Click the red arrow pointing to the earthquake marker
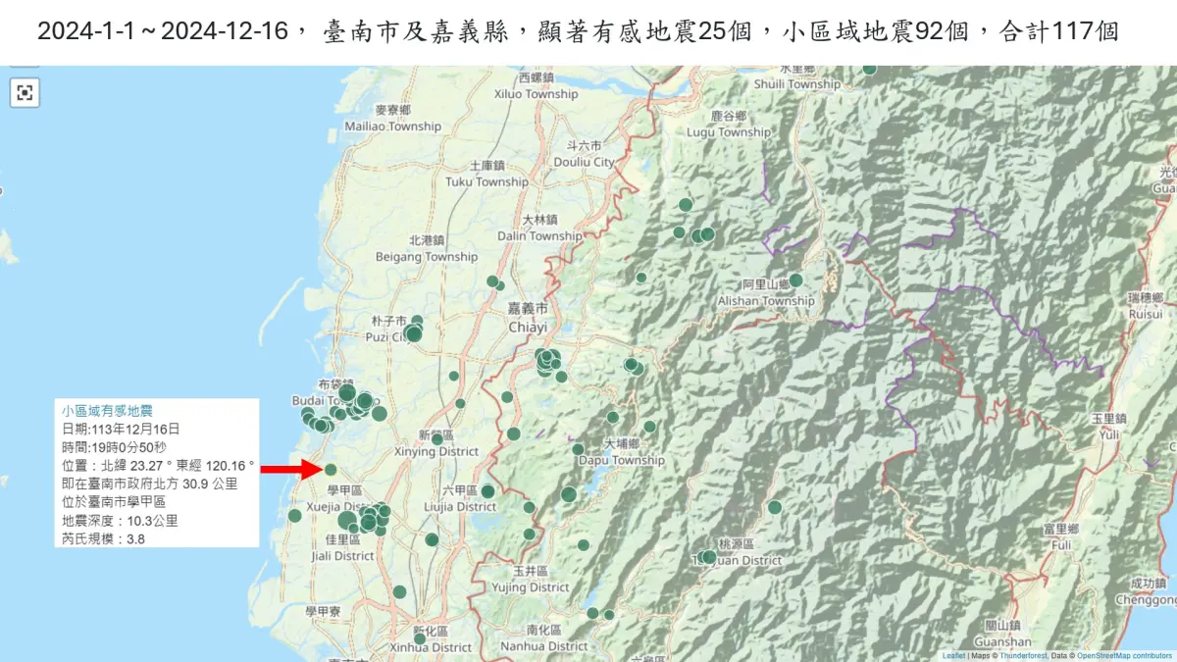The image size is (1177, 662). (x=287, y=470)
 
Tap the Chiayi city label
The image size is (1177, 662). (x=527, y=327)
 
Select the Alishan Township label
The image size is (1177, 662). (x=766, y=301)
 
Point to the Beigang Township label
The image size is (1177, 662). (x=427, y=257)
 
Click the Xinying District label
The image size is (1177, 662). (x=435, y=452)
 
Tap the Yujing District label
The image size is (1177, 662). (x=528, y=587)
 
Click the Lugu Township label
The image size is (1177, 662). (x=729, y=132)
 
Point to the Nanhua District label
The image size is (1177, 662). (x=543, y=646)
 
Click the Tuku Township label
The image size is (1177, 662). (x=486, y=181)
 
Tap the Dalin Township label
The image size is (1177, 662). (x=538, y=236)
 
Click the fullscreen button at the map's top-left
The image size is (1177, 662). (x=25, y=93)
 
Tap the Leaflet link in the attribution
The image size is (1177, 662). (x=953, y=655)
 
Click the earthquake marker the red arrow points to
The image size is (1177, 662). (x=331, y=469)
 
